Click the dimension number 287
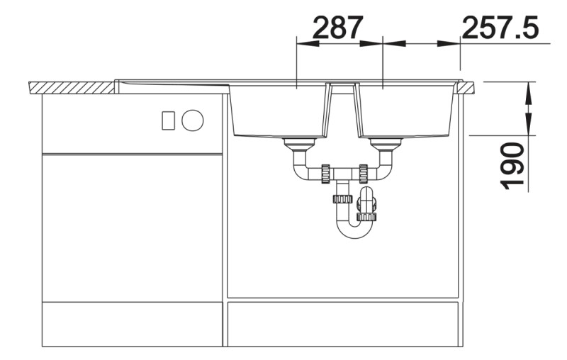pos(337,28)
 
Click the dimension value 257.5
pos(500,28)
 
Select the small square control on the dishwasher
pos(168,120)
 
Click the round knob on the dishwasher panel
pos(192,120)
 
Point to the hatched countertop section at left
pos(72,88)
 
